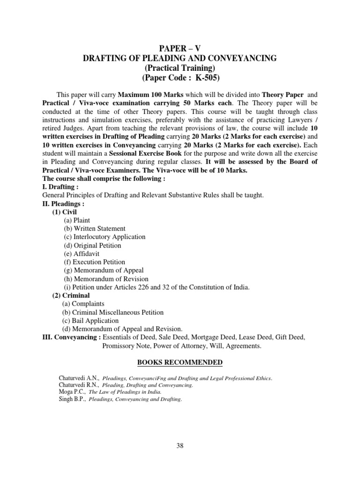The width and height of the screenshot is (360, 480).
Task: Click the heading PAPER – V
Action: pyautogui.click(x=180, y=48)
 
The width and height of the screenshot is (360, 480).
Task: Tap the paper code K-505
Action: pyautogui.click(x=205, y=77)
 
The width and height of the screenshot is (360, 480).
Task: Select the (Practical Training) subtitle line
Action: pyautogui.click(x=180, y=67)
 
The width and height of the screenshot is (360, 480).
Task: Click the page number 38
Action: pyautogui.click(x=180, y=446)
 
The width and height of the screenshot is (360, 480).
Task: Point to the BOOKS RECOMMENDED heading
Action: pyautogui.click(x=180, y=362)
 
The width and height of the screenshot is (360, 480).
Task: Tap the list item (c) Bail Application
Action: pyautogui.click(x=90, y=321)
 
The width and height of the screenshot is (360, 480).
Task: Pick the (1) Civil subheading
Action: pyautogui.click(x=66, y=211)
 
